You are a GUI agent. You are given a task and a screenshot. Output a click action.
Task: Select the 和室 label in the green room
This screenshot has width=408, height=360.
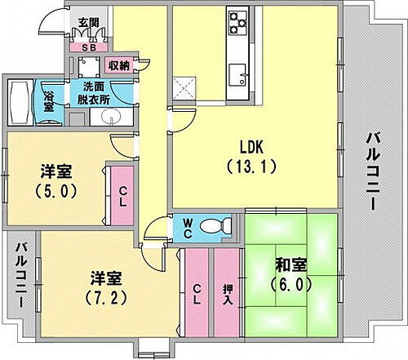pos(291,265)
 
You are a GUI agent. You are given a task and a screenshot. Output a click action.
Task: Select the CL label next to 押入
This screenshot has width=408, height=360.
pos(198,290)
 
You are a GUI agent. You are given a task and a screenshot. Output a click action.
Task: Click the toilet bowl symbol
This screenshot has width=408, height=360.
pos(215,225)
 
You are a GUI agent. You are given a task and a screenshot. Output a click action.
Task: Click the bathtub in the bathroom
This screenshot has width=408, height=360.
pos(19,100)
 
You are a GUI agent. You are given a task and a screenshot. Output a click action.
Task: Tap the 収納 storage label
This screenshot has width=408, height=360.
pos(118,64)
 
